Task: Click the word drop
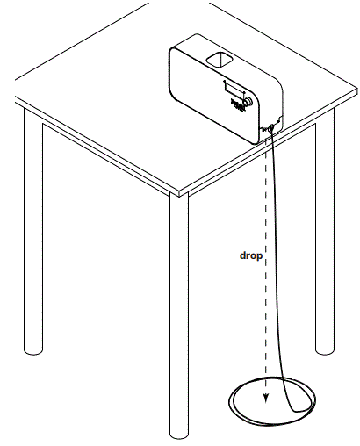pos(253,257)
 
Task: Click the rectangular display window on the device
pos(233,89)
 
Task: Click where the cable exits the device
pos(270,128)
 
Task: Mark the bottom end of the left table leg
pos(34,349)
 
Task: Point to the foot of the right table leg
pos(326,349)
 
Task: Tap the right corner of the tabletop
pos(356,92)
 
